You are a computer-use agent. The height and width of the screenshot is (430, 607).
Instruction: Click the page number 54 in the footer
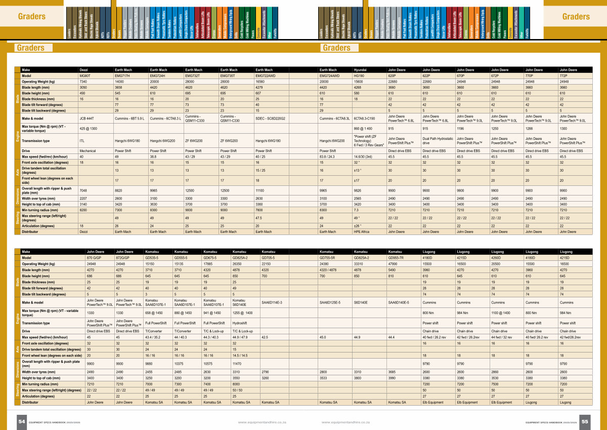point(22,421)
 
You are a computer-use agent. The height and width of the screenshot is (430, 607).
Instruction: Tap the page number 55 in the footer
point(585,421)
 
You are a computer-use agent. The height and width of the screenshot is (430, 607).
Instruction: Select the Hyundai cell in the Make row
point(360,69)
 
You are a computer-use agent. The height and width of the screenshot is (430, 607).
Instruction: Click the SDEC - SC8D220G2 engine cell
point(271,118)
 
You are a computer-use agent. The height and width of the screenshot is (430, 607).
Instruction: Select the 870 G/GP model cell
point(94,257)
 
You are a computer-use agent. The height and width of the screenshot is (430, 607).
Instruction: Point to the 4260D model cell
point(498,257)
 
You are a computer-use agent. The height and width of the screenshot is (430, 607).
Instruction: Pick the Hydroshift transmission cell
point(240,323)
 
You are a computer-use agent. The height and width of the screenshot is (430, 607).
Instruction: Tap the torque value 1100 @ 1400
point(500,313)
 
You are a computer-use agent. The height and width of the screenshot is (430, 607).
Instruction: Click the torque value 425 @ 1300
point(89,129)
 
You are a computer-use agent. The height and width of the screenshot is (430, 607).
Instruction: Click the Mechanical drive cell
point(88,151)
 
